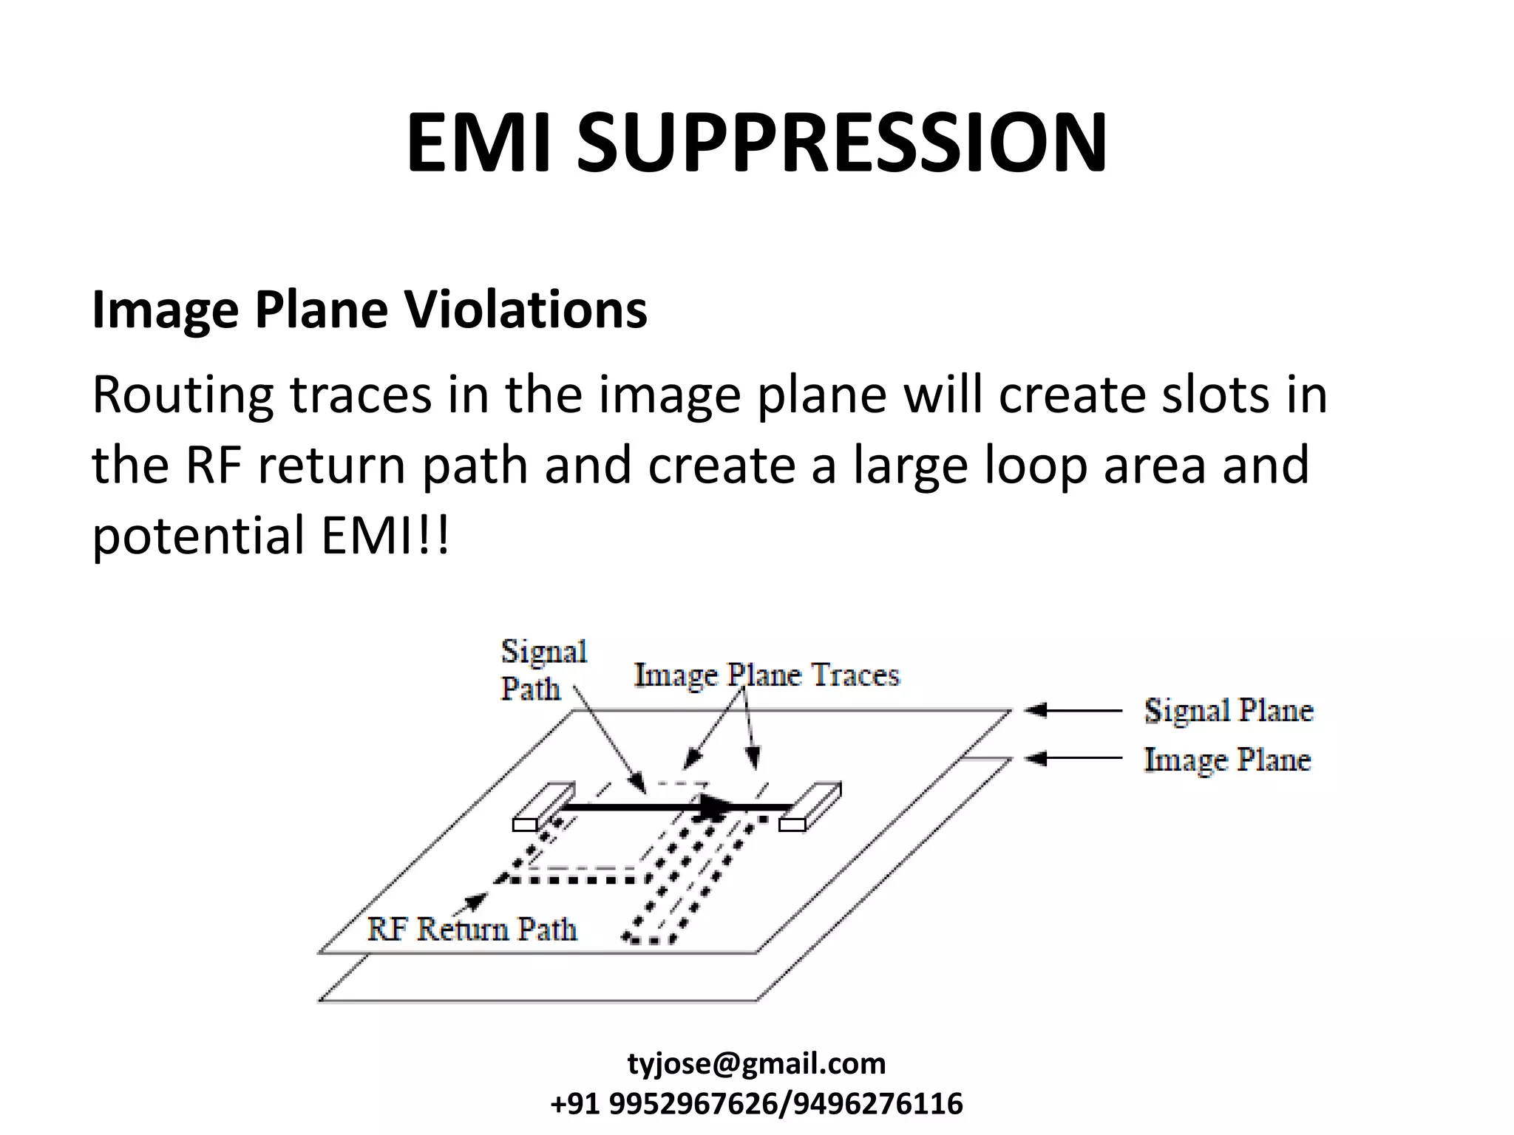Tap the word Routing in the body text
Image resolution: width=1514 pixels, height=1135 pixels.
182,395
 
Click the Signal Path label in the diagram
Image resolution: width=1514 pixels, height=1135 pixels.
543,669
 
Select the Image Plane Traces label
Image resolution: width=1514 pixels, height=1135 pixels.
767,675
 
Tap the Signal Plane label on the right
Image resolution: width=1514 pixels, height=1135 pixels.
1229,710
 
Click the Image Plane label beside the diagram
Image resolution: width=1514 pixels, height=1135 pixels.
1227,760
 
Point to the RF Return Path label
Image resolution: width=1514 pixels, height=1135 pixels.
472,929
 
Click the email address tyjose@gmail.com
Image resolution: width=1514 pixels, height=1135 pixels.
756,1064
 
